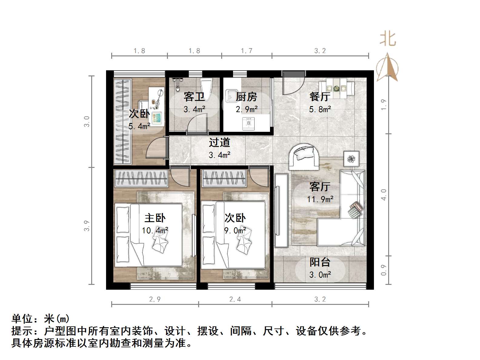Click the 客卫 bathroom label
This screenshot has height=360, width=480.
click(194, 97)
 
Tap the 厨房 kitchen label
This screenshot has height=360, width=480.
click(246, 97)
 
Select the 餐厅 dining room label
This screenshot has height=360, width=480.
click(320, 97)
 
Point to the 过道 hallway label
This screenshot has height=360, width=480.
click(219, 142)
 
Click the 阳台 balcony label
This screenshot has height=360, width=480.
click(320, 262)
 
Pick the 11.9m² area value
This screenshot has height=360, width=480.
click(320, 199)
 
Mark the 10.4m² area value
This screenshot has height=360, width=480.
click(155, 231)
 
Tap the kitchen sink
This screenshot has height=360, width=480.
click(232, 95)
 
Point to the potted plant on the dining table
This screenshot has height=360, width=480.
click(336, 88)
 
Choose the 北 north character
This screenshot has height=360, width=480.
click(388, 39)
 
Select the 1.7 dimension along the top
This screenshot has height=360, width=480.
click(246, 51)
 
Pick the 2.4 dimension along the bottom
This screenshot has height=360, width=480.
click(235, 299)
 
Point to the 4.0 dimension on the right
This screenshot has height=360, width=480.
click(384, 195)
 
